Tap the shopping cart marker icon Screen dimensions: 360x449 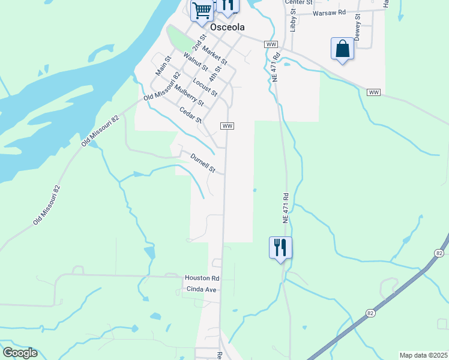coord(202,10)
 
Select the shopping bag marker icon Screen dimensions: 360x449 coord(342,49)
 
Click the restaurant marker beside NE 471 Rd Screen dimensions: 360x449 coord(280,247)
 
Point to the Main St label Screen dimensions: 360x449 coord(163,65)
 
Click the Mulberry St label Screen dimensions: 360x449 coord(190,96)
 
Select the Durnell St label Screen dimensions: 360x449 coord(203,163)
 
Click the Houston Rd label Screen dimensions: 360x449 coord(202,278)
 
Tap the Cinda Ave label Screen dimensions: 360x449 coord(199,290)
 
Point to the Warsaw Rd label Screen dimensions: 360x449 coord(329,12)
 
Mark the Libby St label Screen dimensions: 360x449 coord(294,20)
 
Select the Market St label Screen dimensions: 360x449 coord(215,55)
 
